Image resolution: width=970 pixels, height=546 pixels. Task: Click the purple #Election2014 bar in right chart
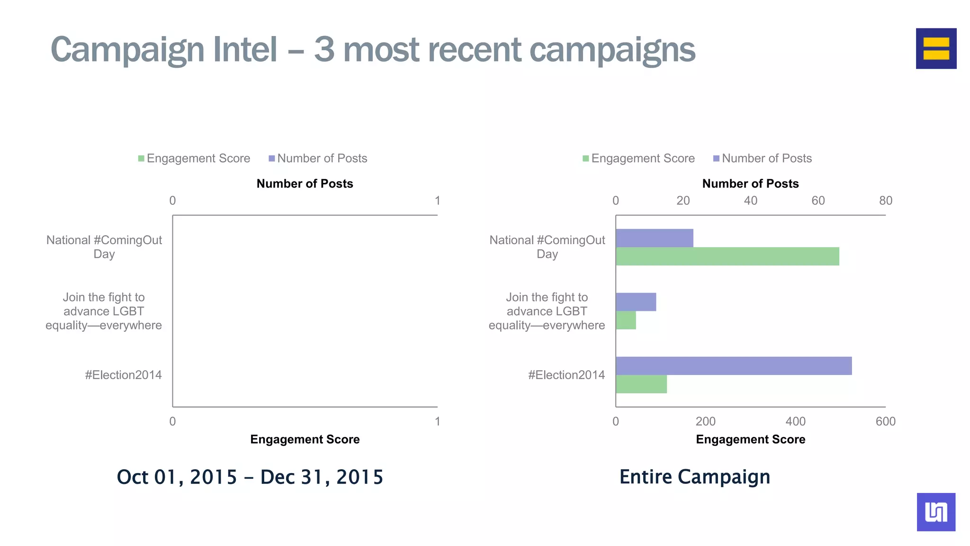click(x=733, y=366)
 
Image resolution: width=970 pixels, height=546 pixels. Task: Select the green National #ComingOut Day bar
click(x=727, y=256)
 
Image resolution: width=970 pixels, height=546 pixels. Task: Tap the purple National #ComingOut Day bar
click(x=654, y=238)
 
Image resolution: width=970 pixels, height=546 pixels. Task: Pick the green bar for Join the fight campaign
click(x=626, y=320)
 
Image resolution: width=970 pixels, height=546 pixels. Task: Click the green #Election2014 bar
click(x=641, y=384)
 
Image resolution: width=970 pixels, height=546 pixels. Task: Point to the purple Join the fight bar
click(x=636, y=302)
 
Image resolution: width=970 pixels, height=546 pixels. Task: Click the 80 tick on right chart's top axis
click(x=885, y=200)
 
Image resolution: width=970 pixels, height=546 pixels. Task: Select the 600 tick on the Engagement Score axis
click(x=885, y=421)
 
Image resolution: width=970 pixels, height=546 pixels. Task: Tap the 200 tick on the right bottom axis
click(x=705, y=421)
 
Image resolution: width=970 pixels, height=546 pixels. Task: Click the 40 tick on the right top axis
click(x=750, y=200)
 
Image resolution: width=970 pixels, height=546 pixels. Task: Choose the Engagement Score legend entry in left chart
click(x=194, y=158)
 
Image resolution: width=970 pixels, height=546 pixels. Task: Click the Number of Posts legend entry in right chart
click(x=762, y=158)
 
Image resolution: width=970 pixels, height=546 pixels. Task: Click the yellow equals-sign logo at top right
click(x=936, y=48)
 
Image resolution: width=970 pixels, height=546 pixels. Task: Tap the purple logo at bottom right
click(x=936, y=512)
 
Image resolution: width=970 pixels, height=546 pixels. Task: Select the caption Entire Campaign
click(x=694, y=477)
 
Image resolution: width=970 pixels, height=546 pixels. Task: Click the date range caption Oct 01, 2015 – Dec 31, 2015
click(x=250, y=477)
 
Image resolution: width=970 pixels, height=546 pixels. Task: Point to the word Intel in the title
click(x=245, y=49)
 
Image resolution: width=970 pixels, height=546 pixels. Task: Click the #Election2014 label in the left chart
click(x=123, y=375)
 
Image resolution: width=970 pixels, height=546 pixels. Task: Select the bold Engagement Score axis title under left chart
click(x=305, y=439)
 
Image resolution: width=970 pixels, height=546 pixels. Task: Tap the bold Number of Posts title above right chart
click(x=750, y=183)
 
